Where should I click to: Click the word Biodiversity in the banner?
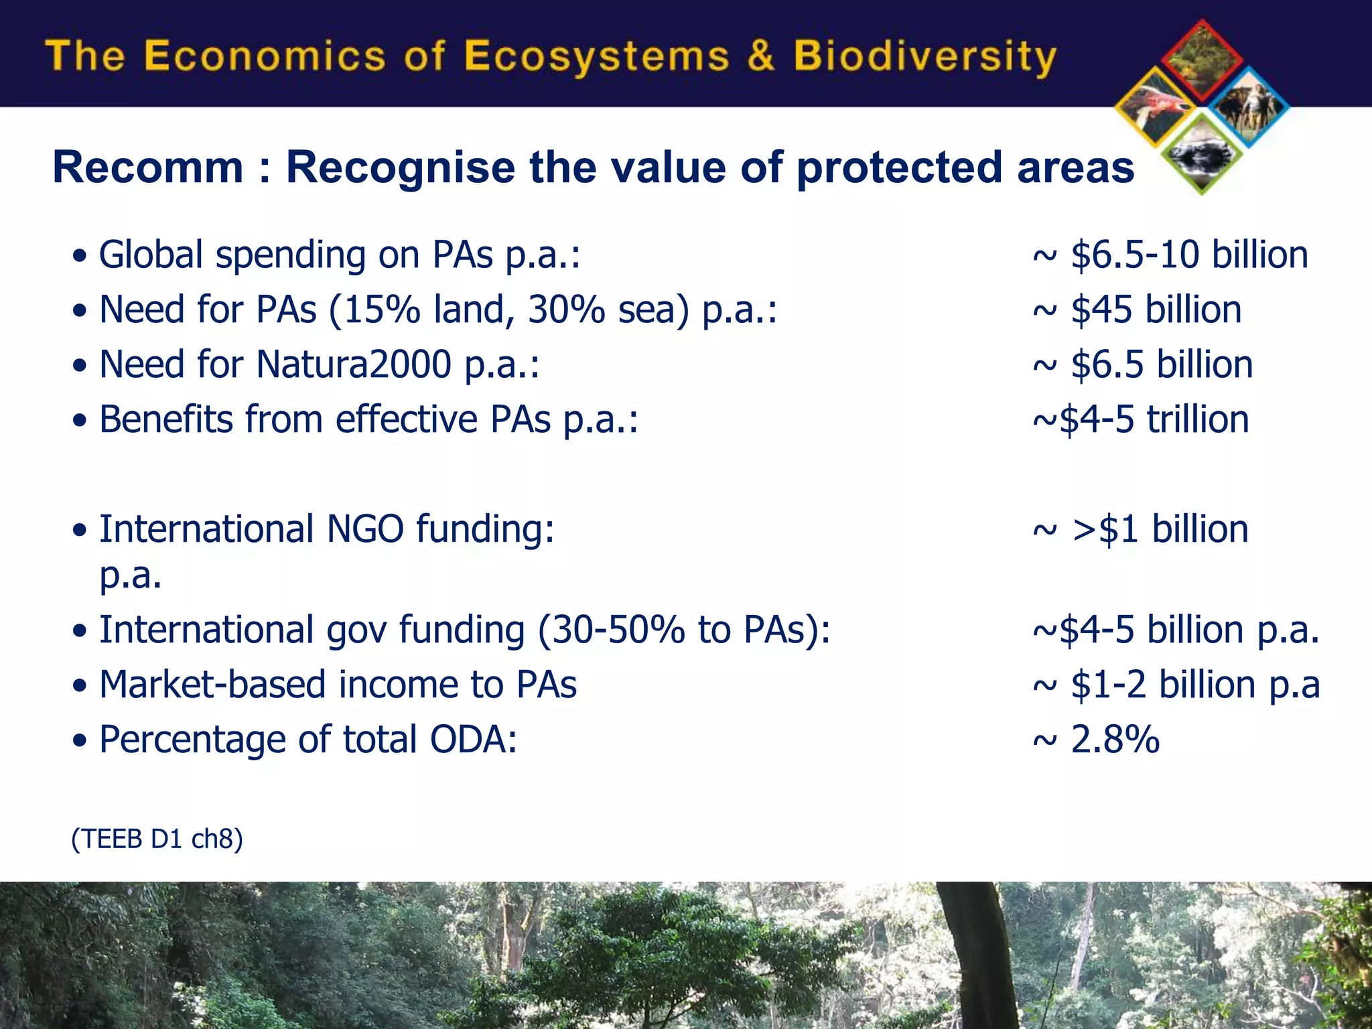[924, 56]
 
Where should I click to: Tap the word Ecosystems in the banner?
[596, 56]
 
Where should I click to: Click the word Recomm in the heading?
[148, 167]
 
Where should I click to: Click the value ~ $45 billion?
[1137, 310]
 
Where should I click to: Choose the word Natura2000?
[354, 365]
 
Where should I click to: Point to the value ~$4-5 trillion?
[1140, 420]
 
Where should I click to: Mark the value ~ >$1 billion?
[1140, 530]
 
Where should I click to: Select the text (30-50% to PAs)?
[684, 630]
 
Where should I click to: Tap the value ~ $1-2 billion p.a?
[1176, 685]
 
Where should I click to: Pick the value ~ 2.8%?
[1096, 740]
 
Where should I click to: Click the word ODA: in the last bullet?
[473, 740]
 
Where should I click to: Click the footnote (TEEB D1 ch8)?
[157, 839]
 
